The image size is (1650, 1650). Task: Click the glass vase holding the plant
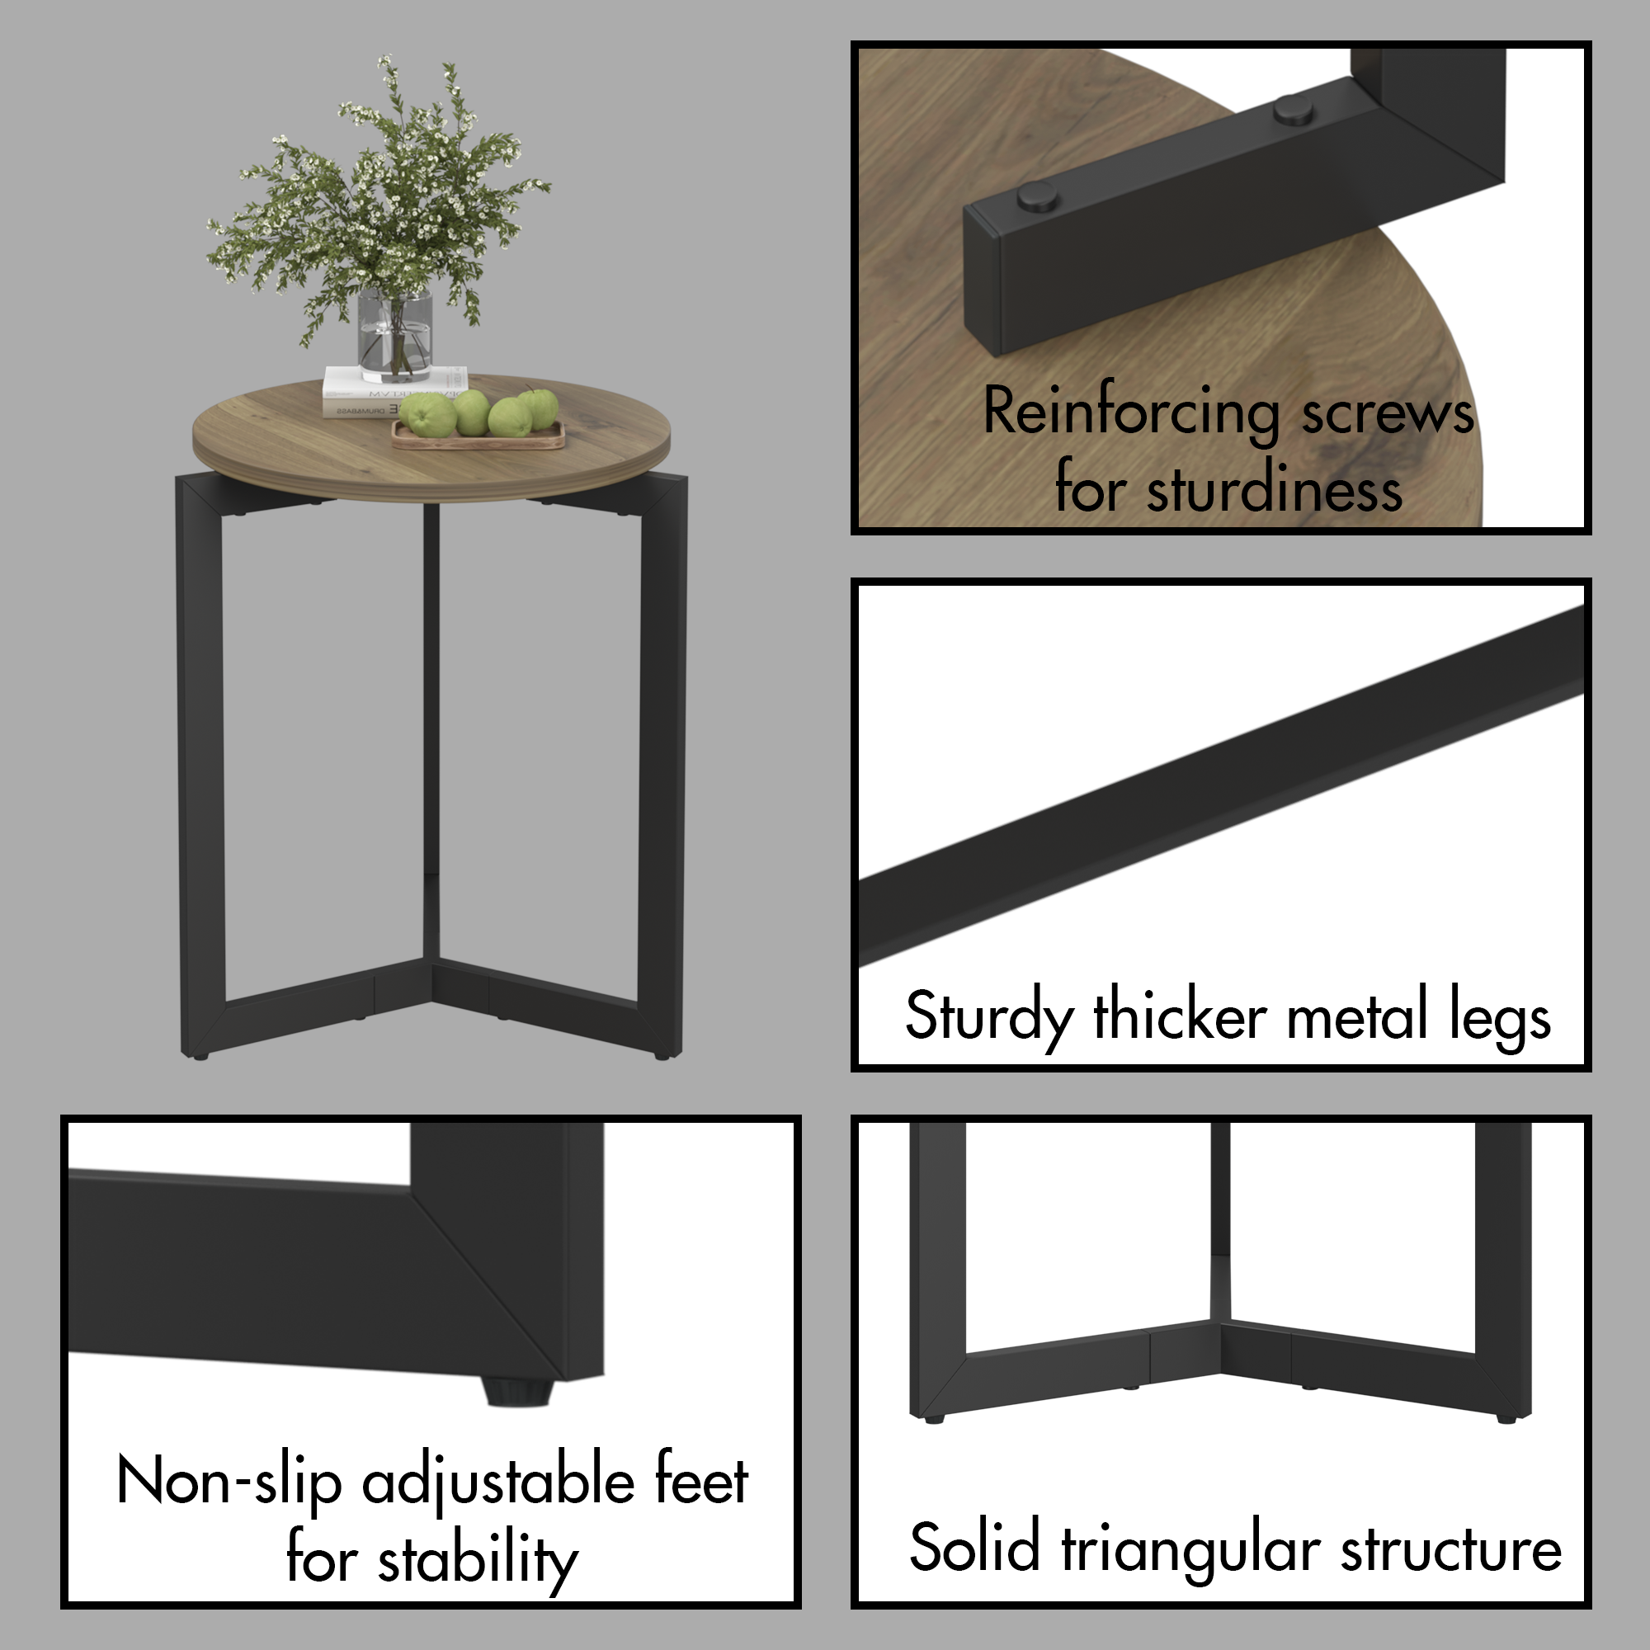(x=394, y=336)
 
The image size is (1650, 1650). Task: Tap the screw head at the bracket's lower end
(x=1038, y=197)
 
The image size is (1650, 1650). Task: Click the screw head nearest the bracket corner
(x=1293, y=110)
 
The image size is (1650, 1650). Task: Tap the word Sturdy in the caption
(x=988, y=1016)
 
